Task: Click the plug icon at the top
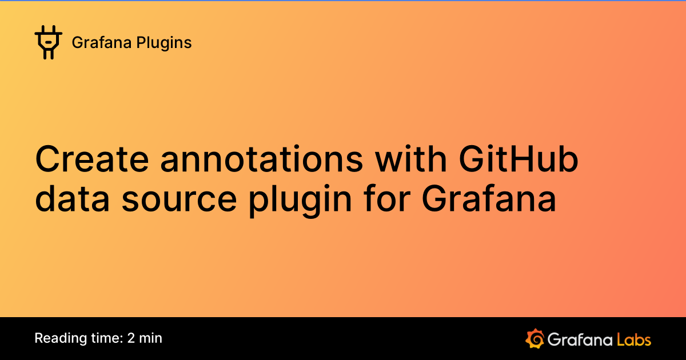48,42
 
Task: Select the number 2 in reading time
131,338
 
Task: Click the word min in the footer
151,338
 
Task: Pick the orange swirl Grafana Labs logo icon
534,339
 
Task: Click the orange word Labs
634,339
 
